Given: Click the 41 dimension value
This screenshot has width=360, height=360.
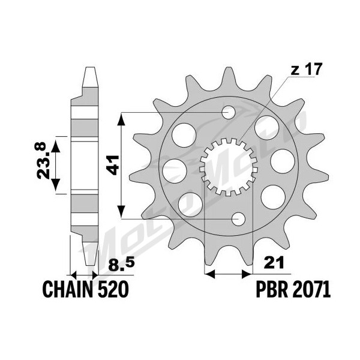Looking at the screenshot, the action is pyautogui.click(x=113, y=165).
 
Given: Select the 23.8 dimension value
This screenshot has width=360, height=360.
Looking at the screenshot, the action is pyautogui.click(x=41, y=160).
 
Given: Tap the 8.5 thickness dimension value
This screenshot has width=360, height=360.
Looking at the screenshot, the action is pyautogui.click(x=121, y=265).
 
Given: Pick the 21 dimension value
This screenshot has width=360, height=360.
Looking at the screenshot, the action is pyautogui.click(x=274, y=262).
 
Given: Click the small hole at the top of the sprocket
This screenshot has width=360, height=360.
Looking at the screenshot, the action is pyautogui.click(x=229, y=113).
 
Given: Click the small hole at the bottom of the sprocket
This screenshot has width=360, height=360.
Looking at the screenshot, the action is pyautogui.click(x=239, y=219).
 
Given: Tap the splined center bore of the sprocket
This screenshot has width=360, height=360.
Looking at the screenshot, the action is pyautogui.click(x=228, y=167).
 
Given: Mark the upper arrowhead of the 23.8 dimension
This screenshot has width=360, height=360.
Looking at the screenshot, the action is pyautogui.click(x=55, y=147).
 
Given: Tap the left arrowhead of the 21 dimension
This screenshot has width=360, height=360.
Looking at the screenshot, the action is pyautogui.click(x=209, y=274).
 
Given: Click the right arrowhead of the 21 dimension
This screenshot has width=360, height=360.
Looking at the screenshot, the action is pyautogui.click(x=247, y=274).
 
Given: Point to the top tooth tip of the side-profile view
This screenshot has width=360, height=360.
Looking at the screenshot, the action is pyautogui.click(x=90, y=67).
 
